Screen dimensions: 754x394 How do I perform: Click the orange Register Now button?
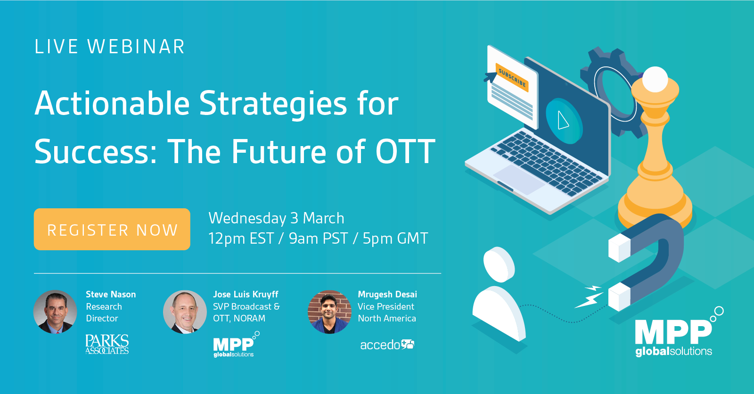(112, 230)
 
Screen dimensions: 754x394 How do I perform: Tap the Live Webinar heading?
(110, 47)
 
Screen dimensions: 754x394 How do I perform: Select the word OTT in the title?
(405, 152)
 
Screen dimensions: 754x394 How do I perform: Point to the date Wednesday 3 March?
(276, 218)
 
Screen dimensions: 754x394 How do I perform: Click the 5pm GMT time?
(395, 238)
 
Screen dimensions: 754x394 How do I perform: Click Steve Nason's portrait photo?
(55, 312)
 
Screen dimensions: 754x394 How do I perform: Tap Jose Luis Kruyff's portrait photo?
(185, 312)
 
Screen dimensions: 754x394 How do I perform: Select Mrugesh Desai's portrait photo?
(329, 312)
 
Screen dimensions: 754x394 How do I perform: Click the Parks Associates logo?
(107, 344)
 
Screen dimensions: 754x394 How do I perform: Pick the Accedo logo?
(387, 345)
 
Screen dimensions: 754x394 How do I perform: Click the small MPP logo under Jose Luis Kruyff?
(236, 345)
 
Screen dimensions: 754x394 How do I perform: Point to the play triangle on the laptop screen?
(563, 120)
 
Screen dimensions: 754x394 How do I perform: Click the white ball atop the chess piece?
(655, 80)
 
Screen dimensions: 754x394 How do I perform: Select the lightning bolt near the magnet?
(589, 297)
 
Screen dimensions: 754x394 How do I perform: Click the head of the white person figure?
(499, 265)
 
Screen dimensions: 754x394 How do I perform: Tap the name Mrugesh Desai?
(387, 294)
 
